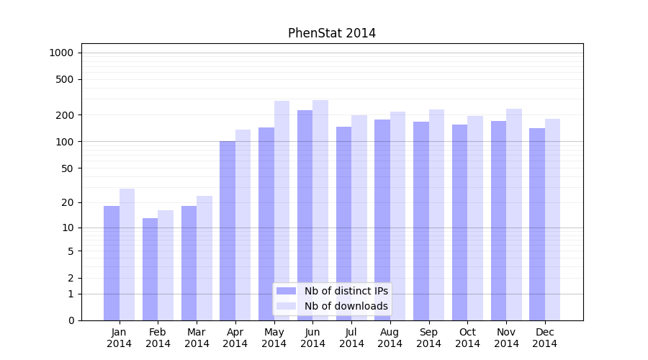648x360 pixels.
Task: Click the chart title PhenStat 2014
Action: (332, 33)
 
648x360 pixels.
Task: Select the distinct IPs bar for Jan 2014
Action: (112, 263)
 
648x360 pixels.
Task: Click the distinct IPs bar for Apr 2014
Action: (228, 230)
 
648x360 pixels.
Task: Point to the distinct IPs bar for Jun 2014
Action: (305, 215)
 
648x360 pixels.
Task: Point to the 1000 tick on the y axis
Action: (61, 53)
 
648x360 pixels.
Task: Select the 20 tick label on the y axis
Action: (68, 202)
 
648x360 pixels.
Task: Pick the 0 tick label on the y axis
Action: (71, 320)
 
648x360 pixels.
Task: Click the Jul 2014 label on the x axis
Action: (351, 338)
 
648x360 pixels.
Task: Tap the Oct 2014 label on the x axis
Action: (467, 338)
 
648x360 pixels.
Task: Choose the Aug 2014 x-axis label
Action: (390, 338)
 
